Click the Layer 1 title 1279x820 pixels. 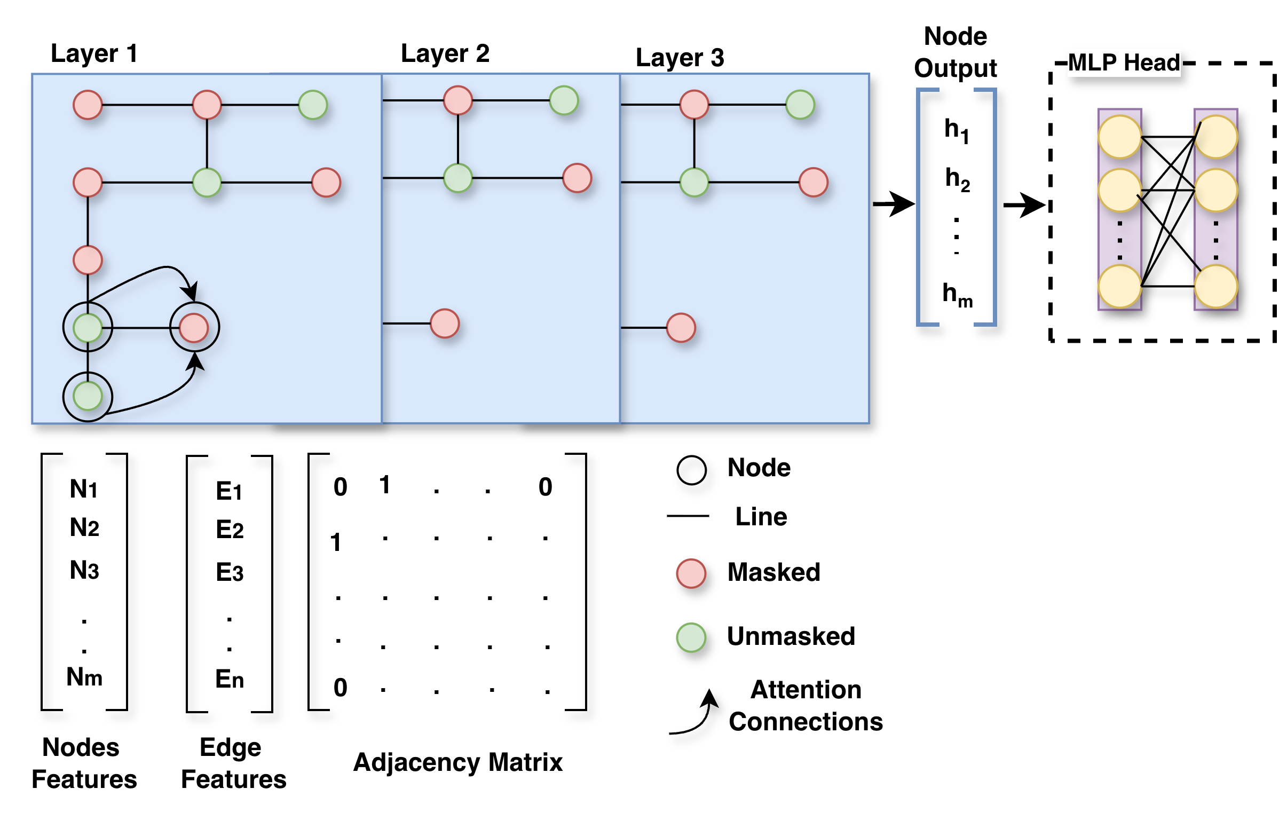coord(94,53)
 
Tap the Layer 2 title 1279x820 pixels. coord(445,53)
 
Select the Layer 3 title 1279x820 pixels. coord(680,58)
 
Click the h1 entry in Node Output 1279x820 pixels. coord(957,130)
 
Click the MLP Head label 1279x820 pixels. coord(1124,62)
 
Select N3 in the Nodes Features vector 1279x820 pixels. coord(84,570)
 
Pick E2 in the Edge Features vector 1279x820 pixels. coord(230,530)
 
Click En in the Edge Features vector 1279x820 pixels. coord(230,679)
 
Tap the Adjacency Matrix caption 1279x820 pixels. coord(458,762)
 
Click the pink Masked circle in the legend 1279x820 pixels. coord(691,573)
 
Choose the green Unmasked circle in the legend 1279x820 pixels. coord(691,637)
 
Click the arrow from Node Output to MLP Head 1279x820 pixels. coord(1024,204)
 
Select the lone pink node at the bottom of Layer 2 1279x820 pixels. coord(445,324)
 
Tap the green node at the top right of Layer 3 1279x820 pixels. coord(800,105)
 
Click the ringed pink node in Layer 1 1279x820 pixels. coord(194,328)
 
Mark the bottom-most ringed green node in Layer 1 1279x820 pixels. coord(88,396)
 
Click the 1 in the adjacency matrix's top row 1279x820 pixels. coord(384,485)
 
